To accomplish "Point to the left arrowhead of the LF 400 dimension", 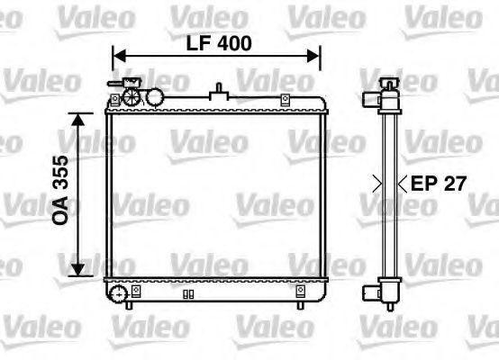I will coord(114,56).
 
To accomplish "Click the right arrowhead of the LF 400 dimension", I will coord(317,56).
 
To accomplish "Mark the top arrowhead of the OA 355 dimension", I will coord(80,118).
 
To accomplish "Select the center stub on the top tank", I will coord(218,91).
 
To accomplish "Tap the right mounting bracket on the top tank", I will coord(285,98).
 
